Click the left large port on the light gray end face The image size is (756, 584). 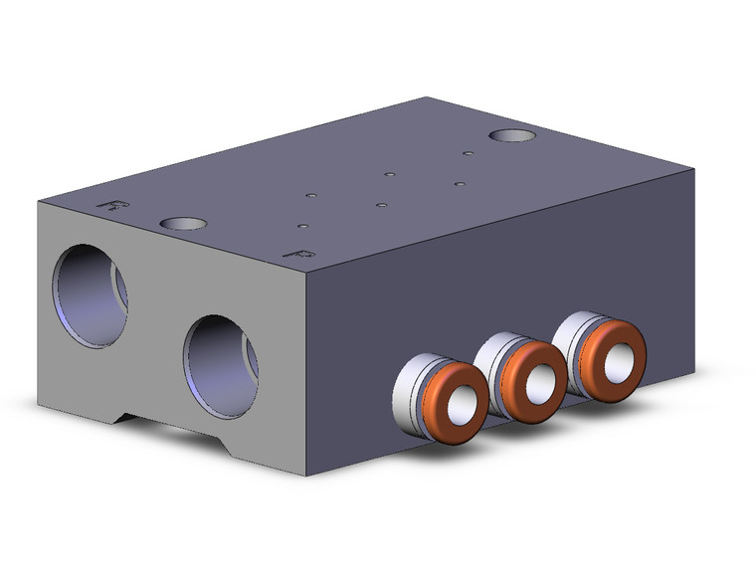[x=91, y=295]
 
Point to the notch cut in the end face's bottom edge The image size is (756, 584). [x=169, y=426]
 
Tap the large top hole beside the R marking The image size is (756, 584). [x=183, y=224]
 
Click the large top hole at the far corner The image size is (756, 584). [x=512, y=135]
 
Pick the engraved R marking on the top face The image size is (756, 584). [x=116, y=205]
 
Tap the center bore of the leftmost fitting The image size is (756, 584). [x=459, y=405]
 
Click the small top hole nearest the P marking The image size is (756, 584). [x=302, y=226]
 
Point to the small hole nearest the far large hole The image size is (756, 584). [x=467, y=153]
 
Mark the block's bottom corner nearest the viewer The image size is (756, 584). [x=306, y=476]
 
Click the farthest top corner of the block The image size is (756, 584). [x=428, y=97]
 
